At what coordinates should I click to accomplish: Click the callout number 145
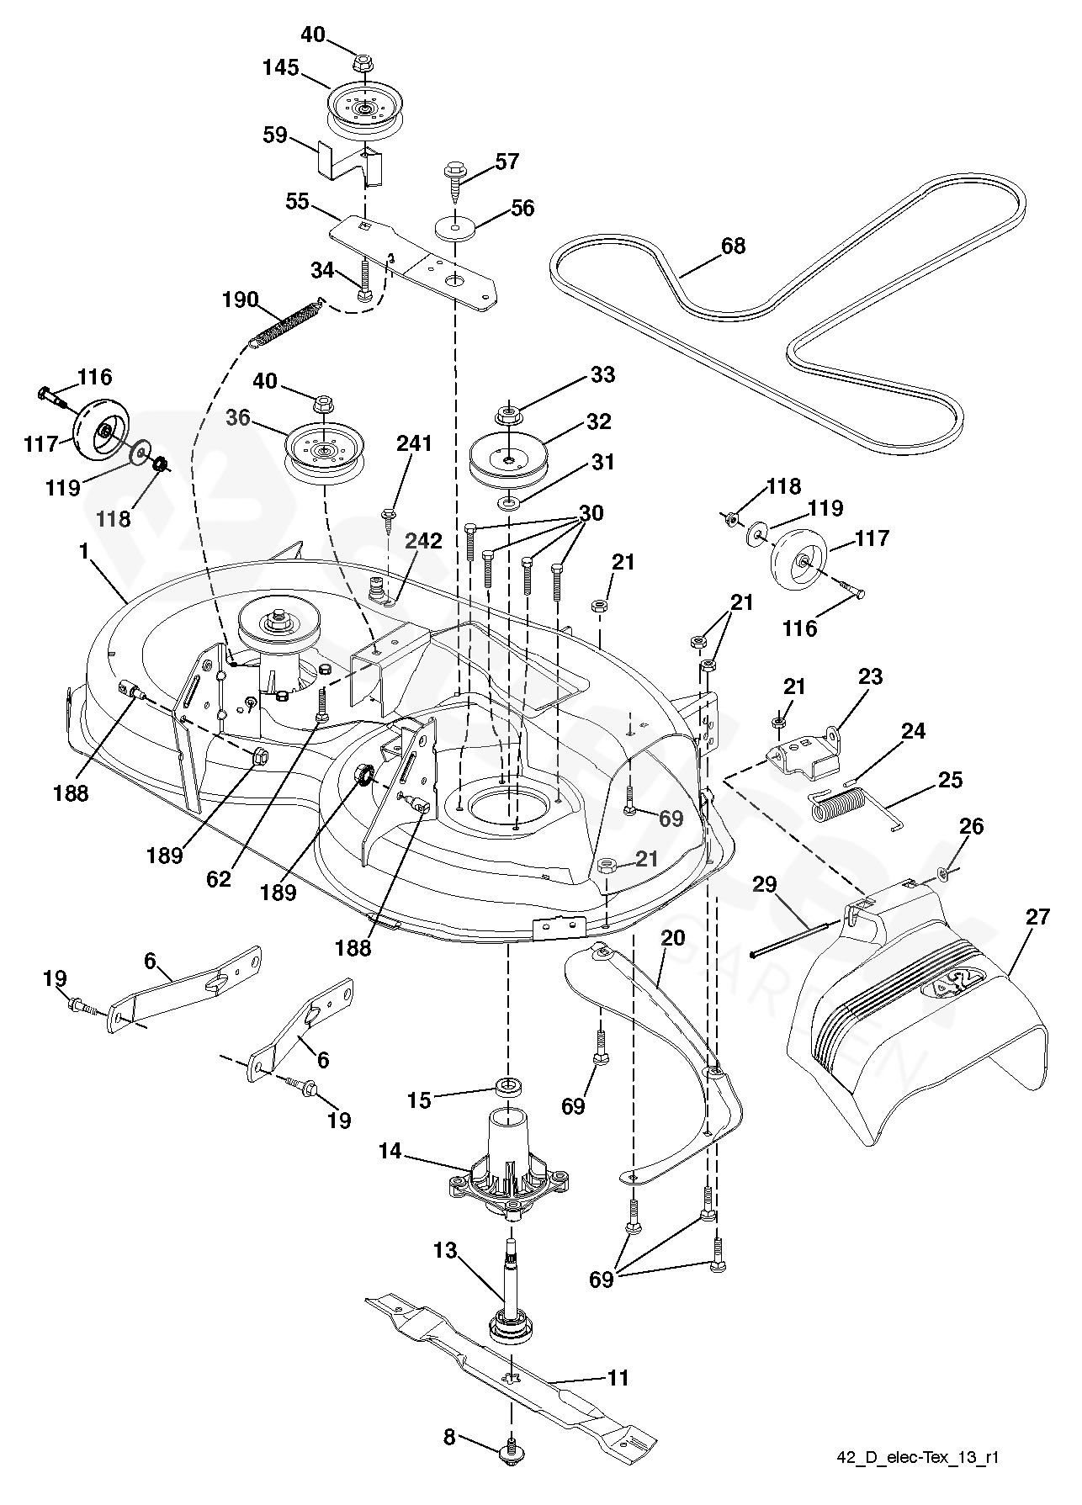coord(281,67)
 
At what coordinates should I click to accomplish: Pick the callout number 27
coord(1038,916)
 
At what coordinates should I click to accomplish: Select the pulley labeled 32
coord(507,461)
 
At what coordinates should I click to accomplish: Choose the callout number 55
coord(298,202)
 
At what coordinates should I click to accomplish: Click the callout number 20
coord(674,937)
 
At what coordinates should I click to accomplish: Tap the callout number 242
coord(423,542)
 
